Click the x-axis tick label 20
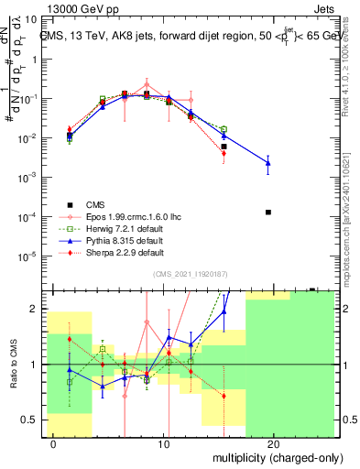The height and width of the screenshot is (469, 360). click(273, 443)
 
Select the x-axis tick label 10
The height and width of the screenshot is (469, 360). click(163, 443)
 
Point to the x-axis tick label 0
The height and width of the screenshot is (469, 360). click(54, 443)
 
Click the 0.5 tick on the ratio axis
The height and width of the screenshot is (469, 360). click(32, 420)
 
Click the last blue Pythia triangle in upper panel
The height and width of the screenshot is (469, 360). click(268, 163)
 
